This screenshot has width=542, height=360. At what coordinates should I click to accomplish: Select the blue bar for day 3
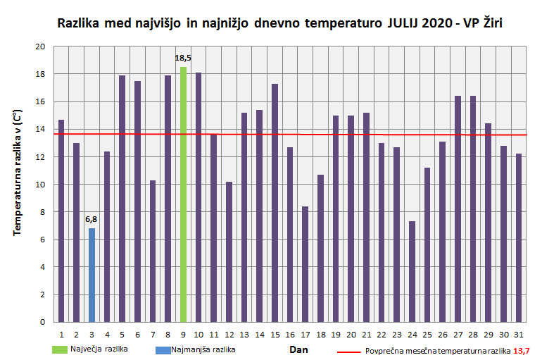pos(92,275)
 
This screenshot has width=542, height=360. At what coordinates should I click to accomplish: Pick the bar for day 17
pos(305,264)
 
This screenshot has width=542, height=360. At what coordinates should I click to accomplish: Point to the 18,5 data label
pos(183,58)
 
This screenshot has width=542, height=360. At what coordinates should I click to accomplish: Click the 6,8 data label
pos(92,219)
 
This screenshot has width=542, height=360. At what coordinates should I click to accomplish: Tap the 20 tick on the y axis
pos(40,46)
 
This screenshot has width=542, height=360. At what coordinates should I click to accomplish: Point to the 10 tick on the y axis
pos(40,185)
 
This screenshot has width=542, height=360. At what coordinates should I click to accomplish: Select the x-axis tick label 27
pos(458,334)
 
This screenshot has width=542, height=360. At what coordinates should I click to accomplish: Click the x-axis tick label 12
pos(229,334)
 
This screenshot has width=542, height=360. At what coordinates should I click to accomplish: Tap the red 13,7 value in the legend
pos(522,350)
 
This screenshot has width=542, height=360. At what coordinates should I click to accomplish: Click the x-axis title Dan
pos(299,349)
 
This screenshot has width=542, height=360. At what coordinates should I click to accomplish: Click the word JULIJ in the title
pos(405,23)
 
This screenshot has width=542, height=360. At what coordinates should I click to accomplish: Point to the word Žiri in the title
pos(491,23)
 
